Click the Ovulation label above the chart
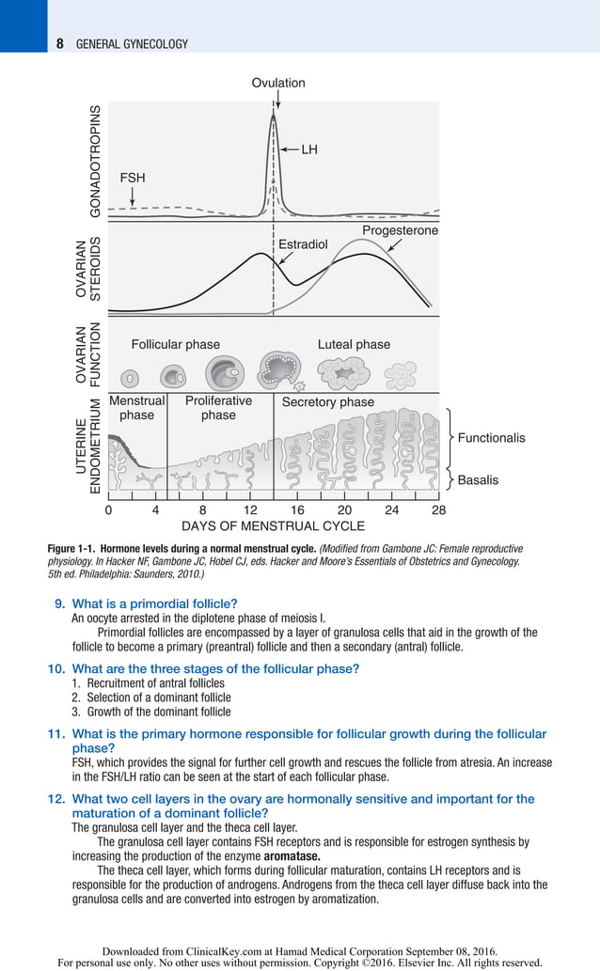click(277, 83)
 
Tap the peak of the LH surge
click(274, 116)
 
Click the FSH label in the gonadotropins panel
click(133, 177)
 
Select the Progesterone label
click(400, 230)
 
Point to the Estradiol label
click(303, 244)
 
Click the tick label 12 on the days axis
click(250, 509)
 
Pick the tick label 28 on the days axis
click(438, 509)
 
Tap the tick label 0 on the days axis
click(108, 509)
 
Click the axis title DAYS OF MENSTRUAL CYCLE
click(273, 525)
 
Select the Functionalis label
click(491, 438)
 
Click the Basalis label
click(478, 480)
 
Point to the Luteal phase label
click(354, 344)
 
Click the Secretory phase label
click(328, 402)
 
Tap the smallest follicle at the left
click(132, 377)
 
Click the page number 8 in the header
click(59, 43)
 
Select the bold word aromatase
click(292, 856)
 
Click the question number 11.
click(55, 734)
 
